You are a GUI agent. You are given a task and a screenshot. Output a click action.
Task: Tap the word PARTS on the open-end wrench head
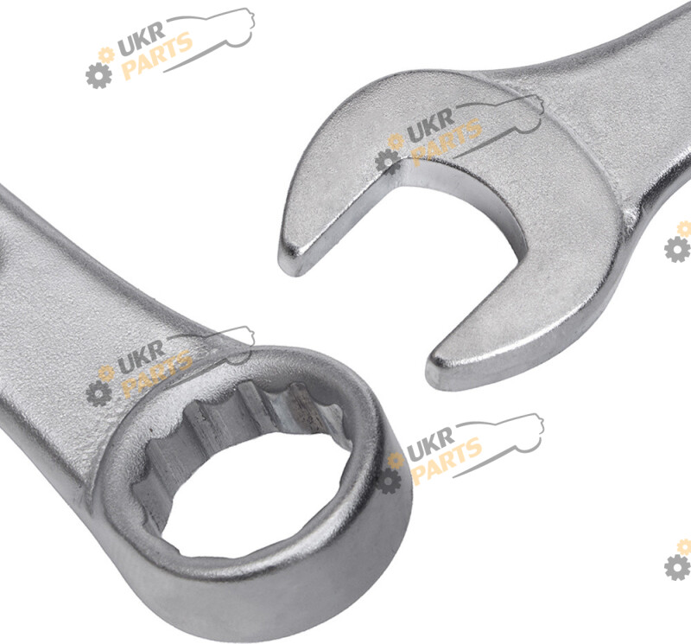coord(445,142)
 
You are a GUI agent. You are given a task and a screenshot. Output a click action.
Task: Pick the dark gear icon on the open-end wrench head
coord(388,162)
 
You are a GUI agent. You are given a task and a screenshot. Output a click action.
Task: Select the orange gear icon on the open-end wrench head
coord(396,141)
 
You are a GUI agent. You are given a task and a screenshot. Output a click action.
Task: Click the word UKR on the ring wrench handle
coord(141,355)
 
